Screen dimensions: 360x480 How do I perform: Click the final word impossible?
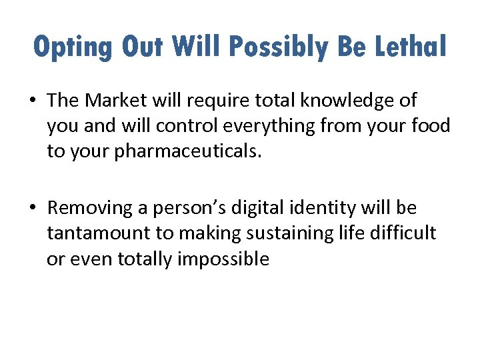point(223,259)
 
